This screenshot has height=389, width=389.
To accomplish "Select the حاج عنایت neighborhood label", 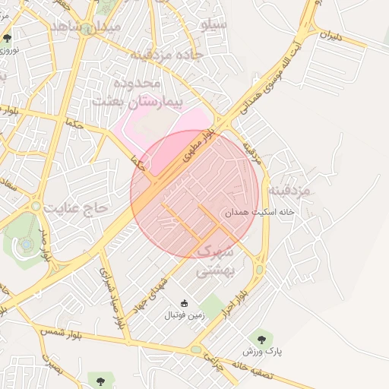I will click(77, 207).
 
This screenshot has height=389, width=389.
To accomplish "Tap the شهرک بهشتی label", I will click(219, 259).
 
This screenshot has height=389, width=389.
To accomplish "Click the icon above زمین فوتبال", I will click(183, 303).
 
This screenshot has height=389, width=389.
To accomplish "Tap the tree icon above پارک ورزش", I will click(262, 338).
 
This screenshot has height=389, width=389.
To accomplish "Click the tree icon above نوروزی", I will click(8, 37).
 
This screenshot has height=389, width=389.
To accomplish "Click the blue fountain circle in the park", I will click(26, 244).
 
